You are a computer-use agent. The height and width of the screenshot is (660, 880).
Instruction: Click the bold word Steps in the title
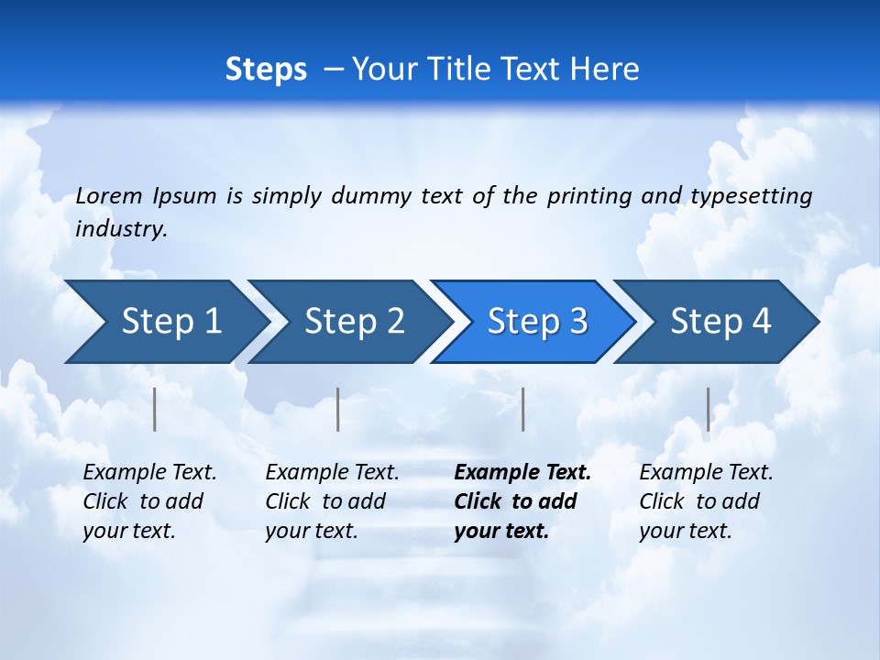pos(266,70)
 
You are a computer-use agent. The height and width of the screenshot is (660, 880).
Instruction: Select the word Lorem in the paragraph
pos(109,196)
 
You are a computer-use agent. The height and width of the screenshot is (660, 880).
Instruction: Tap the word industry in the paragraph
pos(121,229)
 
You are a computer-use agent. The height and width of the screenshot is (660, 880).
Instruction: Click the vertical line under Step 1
pos(155,409)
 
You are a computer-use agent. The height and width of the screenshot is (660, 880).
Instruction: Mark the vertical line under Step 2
pos(338,409)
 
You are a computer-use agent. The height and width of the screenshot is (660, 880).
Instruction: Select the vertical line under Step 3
pos(522,409)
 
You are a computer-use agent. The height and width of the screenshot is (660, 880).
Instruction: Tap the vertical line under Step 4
pos(708,409)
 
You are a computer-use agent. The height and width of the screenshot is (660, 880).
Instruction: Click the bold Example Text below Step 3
pos(522,473)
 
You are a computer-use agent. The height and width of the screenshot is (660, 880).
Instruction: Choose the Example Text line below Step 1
pos(149,473)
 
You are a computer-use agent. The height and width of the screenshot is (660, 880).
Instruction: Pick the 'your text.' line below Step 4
pos(686,532)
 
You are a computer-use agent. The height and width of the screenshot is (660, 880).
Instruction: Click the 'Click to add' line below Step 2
pos(325,502)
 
